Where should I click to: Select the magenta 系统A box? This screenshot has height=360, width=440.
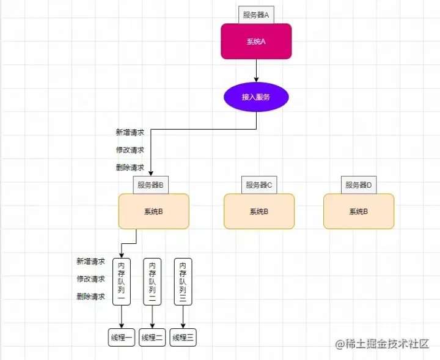[x=256, y=42]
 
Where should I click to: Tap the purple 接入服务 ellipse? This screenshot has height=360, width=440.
[x=256, y=97]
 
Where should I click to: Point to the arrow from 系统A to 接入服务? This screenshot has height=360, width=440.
[x=256, y=70]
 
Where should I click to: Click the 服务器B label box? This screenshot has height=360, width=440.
[x=150, y=185]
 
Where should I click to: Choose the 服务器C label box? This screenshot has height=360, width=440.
[x=259, y=185]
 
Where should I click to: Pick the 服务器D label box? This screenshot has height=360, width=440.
[x=359, y=185]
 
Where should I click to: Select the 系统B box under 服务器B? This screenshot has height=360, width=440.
[x=153, y=211]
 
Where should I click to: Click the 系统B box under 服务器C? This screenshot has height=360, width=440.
[x=259, y=211]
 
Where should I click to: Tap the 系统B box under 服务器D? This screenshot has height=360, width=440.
[x=359, y=211]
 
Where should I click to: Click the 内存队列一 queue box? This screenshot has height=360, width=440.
[x=122, y=282]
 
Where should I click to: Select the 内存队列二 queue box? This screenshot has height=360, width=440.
[x=153, y=282]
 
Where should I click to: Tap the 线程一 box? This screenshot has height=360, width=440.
[x=122, y=337]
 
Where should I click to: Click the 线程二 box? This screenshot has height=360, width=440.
[x=152, y=337]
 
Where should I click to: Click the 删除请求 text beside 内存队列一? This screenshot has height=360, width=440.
[x=90, y=296]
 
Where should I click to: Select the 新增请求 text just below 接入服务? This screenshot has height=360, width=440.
[x=130, y=132]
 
